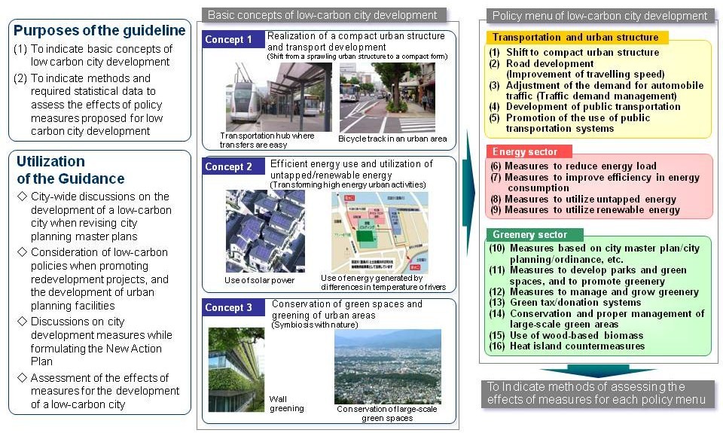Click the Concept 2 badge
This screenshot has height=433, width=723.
228,167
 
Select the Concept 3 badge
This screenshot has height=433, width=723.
228,308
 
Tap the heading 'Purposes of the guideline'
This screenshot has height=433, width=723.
99,31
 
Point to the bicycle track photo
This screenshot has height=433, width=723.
386,97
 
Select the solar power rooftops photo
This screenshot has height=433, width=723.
261,231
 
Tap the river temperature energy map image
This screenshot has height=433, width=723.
380,231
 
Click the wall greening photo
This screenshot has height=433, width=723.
236,361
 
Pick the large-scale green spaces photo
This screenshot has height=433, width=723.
386,366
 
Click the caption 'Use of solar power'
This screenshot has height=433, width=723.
259,281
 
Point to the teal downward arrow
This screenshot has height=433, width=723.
594,371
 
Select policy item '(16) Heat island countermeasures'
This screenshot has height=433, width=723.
577,346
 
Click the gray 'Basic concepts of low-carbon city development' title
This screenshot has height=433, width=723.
322,15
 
